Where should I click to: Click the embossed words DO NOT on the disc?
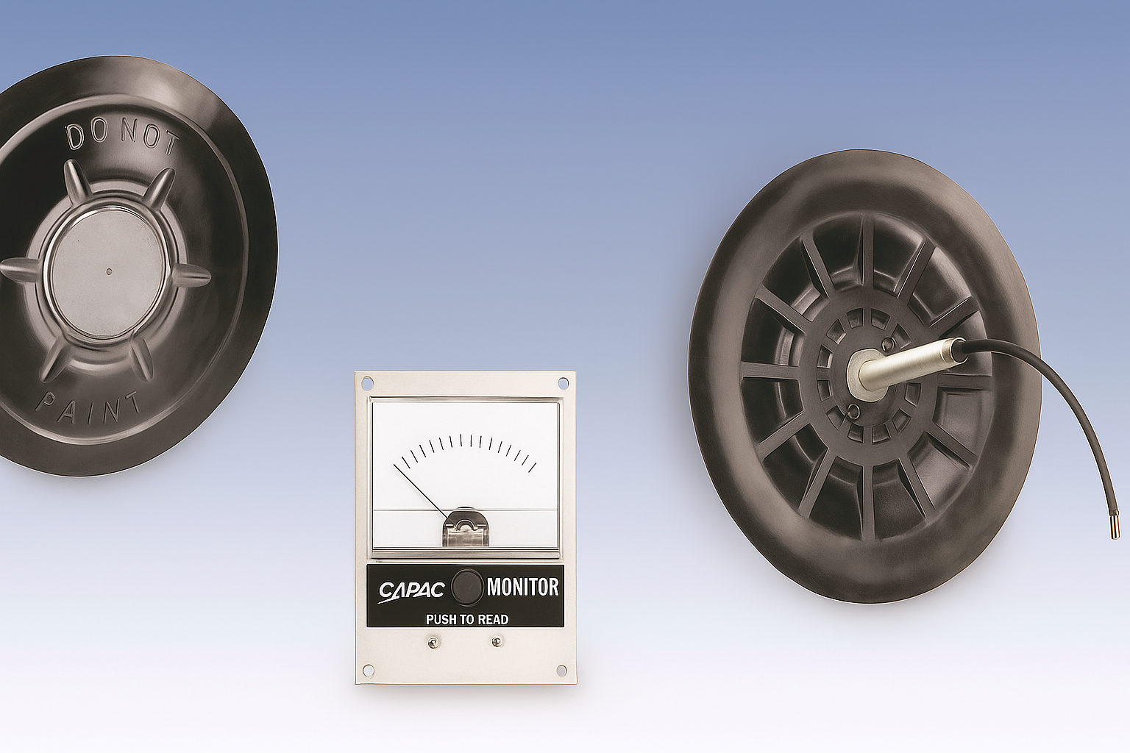click(x=122, y=137)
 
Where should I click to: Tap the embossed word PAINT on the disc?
click(x=88, y=410)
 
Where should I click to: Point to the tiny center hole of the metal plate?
click(x=110, y=271)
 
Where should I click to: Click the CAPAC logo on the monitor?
click(x=411, y=590)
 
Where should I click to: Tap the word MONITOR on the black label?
click(x=522, y=587)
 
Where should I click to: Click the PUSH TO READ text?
click(x=466, y=620)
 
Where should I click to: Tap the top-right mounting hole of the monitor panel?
click(x=563, y=383)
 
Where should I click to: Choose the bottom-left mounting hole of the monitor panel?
click(x=368, y=670)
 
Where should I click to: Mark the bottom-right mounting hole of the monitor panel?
click(x=563, y=670)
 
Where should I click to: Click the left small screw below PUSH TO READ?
click(x=434, y=643)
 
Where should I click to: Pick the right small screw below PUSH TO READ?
click(x=498, y=642)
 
